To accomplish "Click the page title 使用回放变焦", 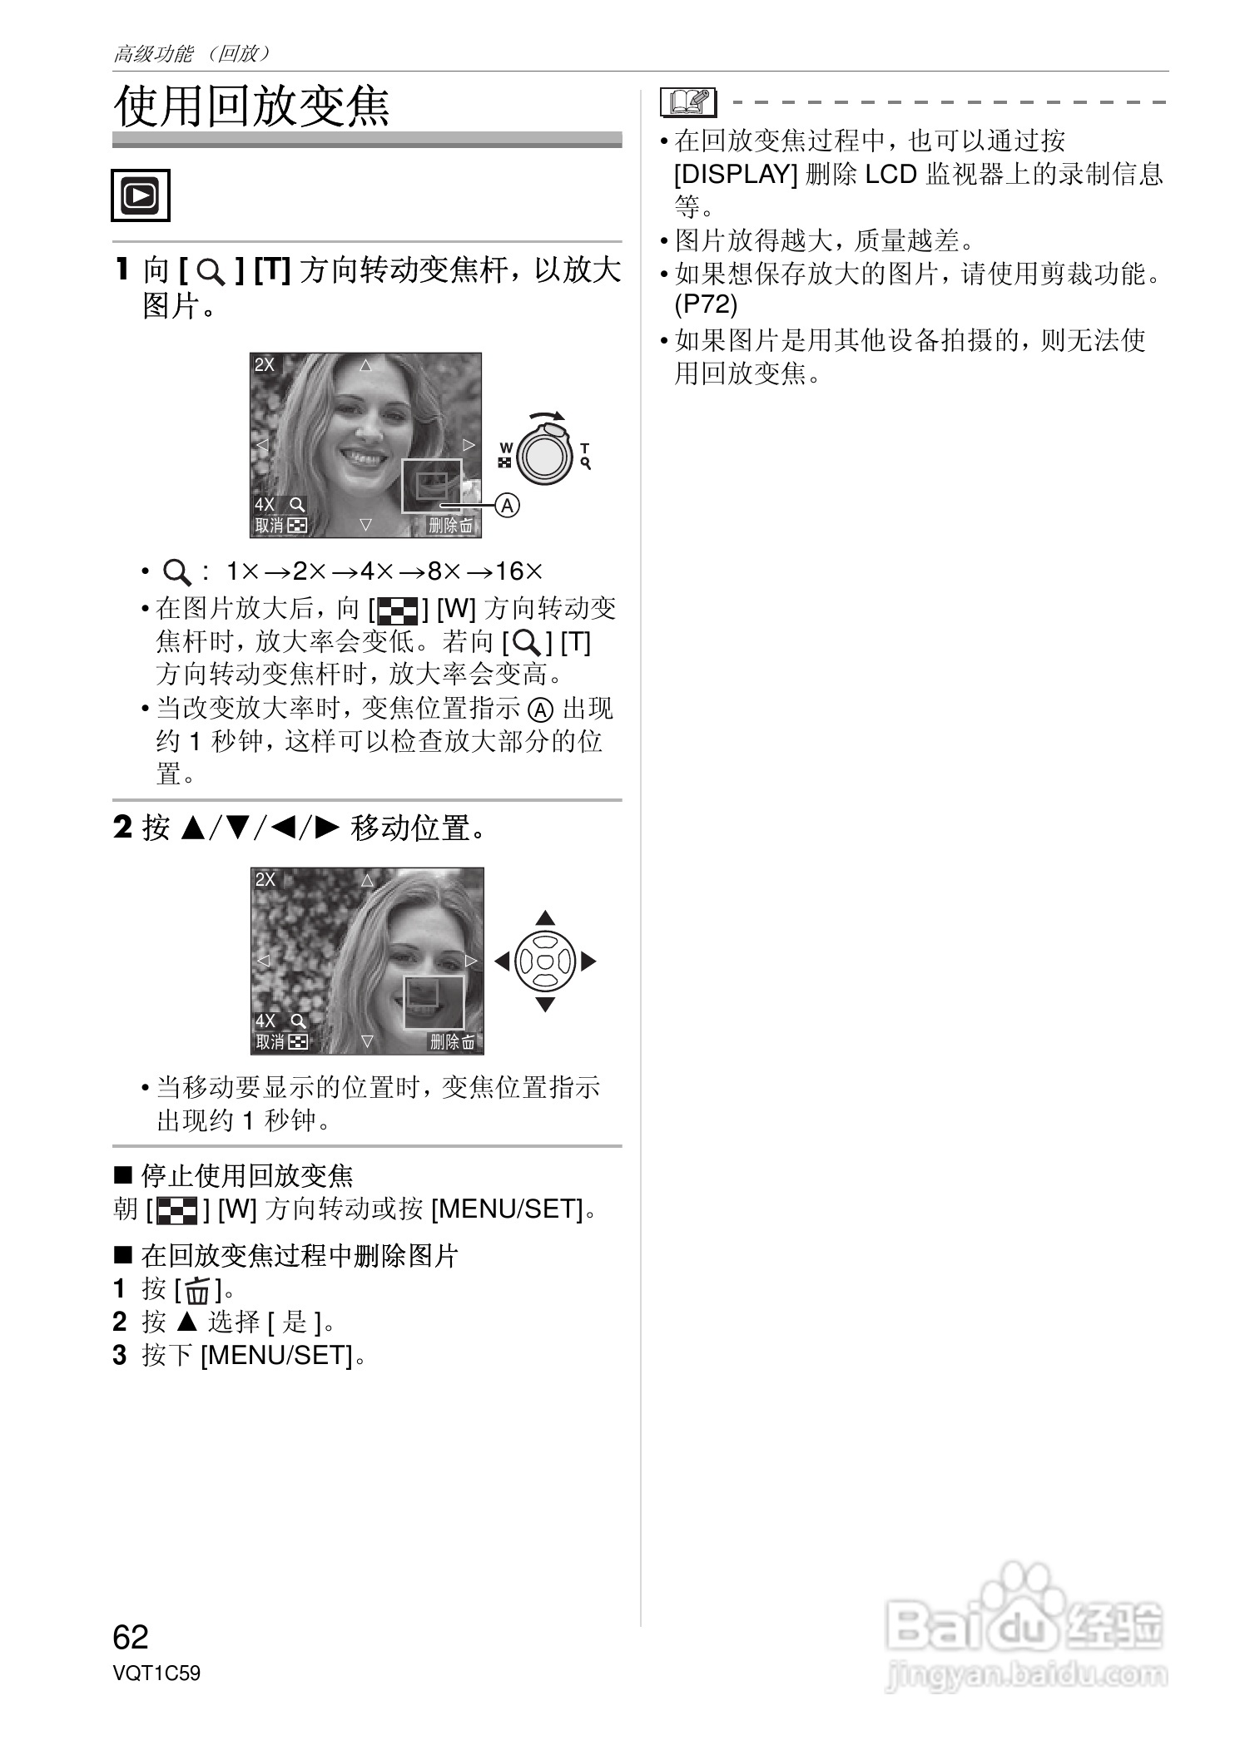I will (x=251, y=106).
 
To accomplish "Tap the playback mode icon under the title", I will (x=141, y=195).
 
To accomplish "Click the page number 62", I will (x=131, y=1637).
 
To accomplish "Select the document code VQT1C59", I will (x=156, y=1673).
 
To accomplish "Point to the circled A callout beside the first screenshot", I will (x=507, y=505).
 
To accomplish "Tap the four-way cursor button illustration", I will (x=545, y=961).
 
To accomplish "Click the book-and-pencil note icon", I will (x=688, y=102).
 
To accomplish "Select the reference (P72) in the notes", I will (x=706, y=305).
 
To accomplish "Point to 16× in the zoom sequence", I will (x=518, y=571).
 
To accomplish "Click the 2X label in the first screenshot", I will (x=265, y=364).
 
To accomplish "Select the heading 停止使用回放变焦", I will (x=246, y=1175).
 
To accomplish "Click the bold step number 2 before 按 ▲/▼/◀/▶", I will (x=122, y=828).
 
